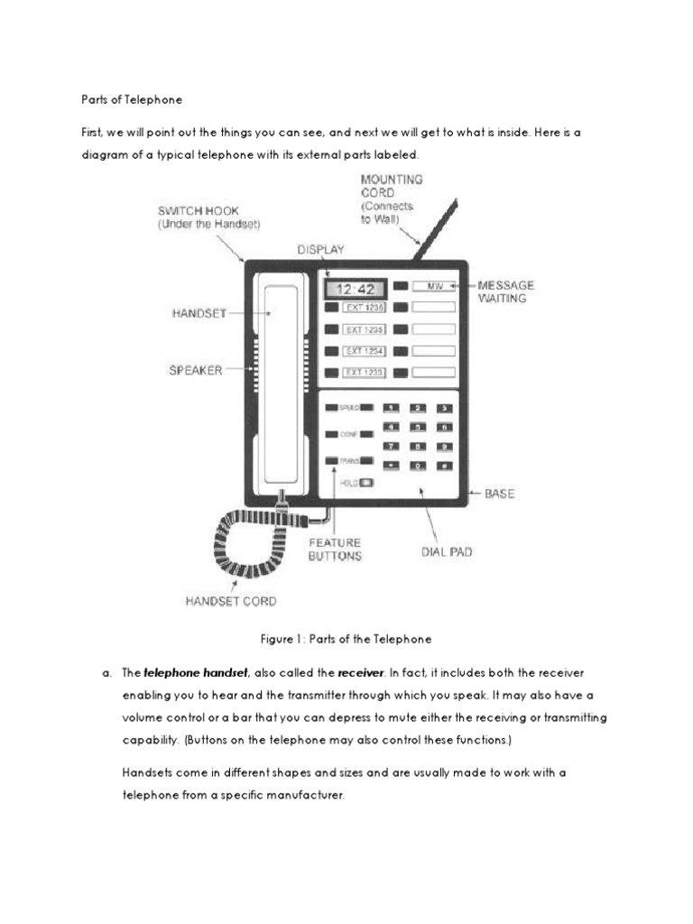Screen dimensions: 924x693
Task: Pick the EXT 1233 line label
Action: pyautogui.click(x=364, y=373)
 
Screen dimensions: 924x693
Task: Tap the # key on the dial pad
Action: pyautogui.click(x=443, y=465)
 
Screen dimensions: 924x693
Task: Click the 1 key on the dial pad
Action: pyautogui.click(x=392, y=409)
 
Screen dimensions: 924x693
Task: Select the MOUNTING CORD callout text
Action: pyautogui.click(x=392, y=199)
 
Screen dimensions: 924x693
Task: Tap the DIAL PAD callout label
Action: pyautogui.click(x=447, y=551)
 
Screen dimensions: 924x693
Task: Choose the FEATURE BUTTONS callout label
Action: pyautogui.click(x=335, y=550)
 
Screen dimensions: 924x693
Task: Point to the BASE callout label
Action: pyautogui.click(x=500, y=494)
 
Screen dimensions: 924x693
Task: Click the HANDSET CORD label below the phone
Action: pyautogui.click(x=230, y=600)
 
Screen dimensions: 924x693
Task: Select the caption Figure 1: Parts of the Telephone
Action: pyautogui.click(x=346, y=639)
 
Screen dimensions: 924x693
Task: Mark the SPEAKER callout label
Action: pyautogui.click(x=195, y=370)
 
